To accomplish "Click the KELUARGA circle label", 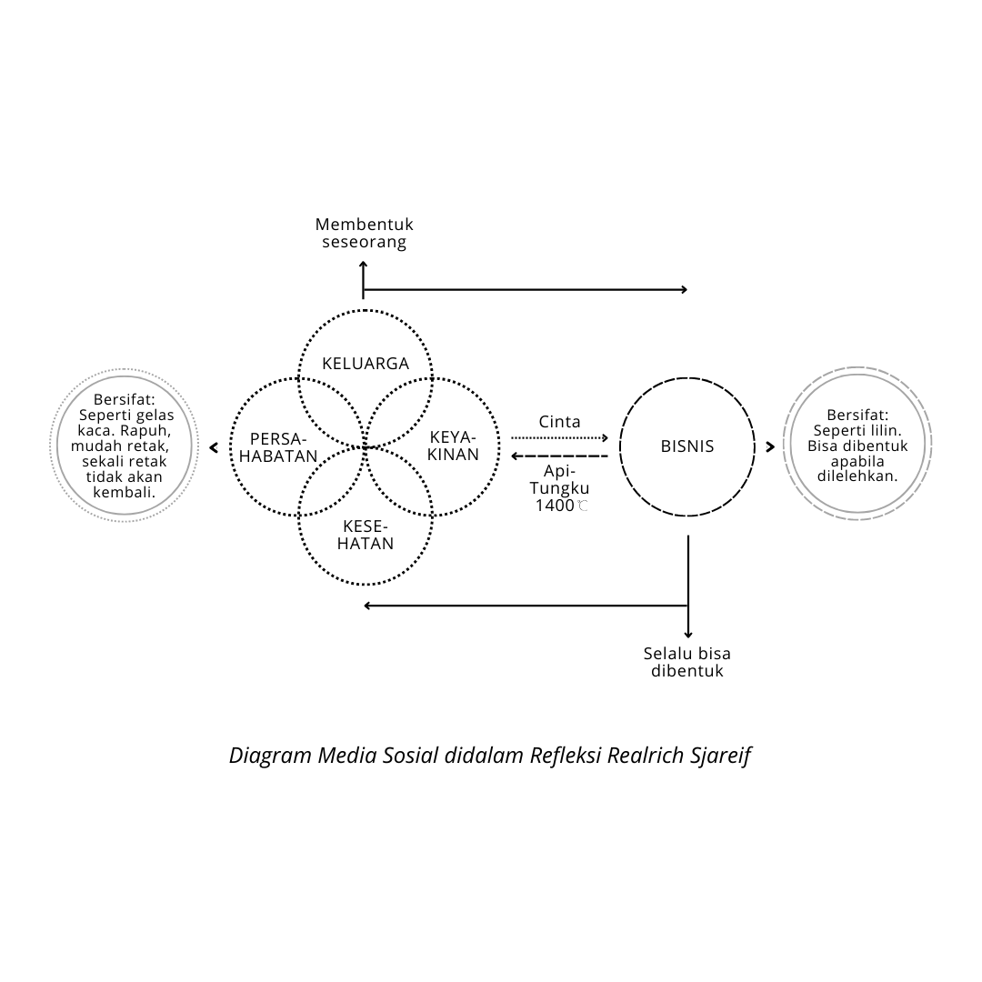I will tap(366, 364).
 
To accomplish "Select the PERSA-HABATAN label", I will tap(284, 446).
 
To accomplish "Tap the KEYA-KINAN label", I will tap(454, 446).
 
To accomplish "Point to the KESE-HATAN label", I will tap(367, 535).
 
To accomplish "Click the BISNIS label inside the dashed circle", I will tap(687, 446).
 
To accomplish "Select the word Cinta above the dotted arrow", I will tap(559, 422).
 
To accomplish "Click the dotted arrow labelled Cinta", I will tap(559, 437).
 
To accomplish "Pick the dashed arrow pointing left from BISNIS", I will tap(559, 455).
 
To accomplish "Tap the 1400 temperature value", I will tap(555, 506).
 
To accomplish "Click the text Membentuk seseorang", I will tap(364, 233).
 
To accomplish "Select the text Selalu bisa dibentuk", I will tap(687, 662).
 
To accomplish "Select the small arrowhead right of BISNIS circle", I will tap(770, 446).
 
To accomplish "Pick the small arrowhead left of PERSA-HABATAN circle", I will tap(214, 446).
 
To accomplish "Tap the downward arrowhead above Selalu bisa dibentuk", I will tap(688, 634).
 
